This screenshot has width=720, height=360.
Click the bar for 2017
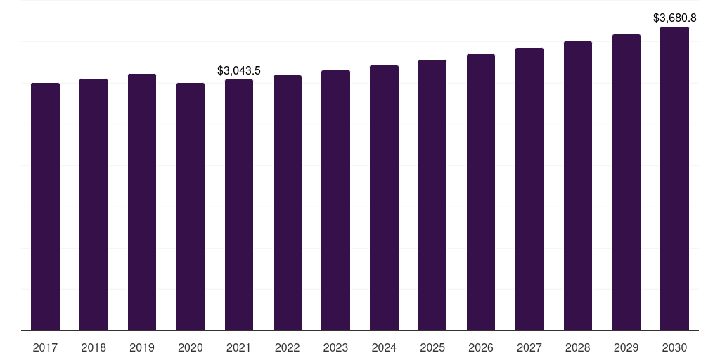pyautogui.click(x=45, y=207)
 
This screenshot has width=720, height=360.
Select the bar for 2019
pyautogui.click(x=142, y=202)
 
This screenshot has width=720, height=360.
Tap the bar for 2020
pyautogui.click(x=191, y=207)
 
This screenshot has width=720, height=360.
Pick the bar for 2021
pyautogui.click(x=239, y=205)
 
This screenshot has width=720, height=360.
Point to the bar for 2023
pyautogui.click(x=335, y=200)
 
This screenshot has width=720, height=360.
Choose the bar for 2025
pyautogui.click(x=432, y=195)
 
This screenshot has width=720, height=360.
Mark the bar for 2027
pyautogui.click(x=529, y=189)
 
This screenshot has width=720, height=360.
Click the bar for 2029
pyautogui.click(x=626, y=183)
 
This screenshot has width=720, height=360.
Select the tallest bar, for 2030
pyautogui.click(x=674, y=179)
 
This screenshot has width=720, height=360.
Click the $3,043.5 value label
pyautogui.click(x=239, y=71)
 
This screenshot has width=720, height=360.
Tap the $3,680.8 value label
pyautogui.click(x=674, y=18)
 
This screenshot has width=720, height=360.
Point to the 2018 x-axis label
pyautogui.click(x=94, y=347)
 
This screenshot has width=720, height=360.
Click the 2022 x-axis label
pyautogui.click(x=288, y=347)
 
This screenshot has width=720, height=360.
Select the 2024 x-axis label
pyautogui.click(x=385, y=347)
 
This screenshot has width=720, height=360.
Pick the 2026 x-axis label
pyautogui.click(x=481, y=347)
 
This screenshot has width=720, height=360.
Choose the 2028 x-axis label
pyautogui.click(x=578, y=347)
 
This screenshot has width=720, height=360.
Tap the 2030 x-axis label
pyautogui.click(x=674, y=347)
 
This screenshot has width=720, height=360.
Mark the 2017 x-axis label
pyautogui.click(x=45, y=347)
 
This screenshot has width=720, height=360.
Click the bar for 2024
pyautogui.click(x=385, y=198)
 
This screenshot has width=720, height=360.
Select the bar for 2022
pyautogui.click(x=288, y=203)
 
